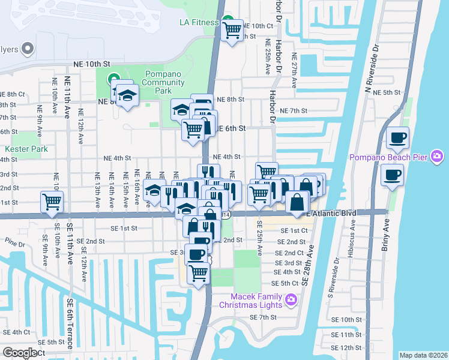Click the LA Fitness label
(199, 23)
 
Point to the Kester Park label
(22, 149)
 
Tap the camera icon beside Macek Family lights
(291, 299)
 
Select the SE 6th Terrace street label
(70, 323)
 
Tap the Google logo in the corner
(20, 352)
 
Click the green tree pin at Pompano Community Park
(113, 79)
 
